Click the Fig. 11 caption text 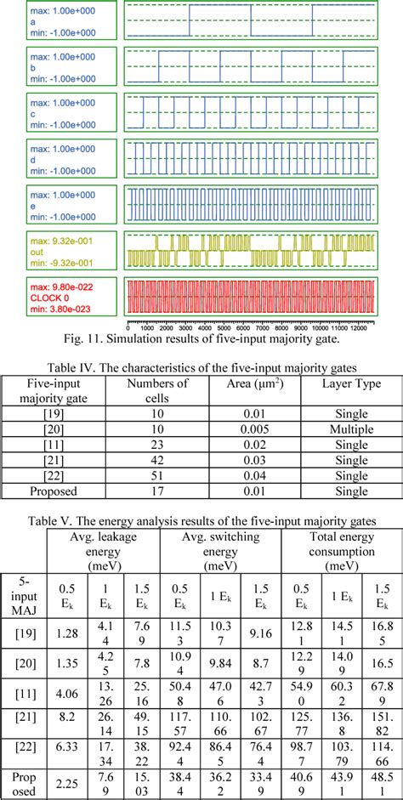click(201, 340)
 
